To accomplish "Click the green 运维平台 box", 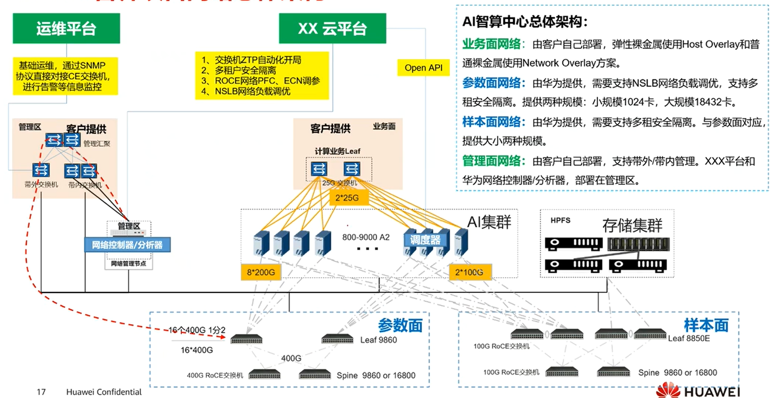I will click(66, 28).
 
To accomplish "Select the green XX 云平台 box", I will click(332, 28).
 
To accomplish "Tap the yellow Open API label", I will click(423, 68).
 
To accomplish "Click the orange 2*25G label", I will click(347, 198).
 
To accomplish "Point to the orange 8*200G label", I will click(261, 272).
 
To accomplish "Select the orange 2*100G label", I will click(469, 272).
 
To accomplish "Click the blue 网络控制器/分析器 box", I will click(127, 244).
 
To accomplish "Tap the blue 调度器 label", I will click(425, 240).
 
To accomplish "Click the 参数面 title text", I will click(400, 325).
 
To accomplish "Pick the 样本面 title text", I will click(706, 325).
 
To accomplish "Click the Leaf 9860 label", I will click(378, 340).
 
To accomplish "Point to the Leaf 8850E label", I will click(689, 338).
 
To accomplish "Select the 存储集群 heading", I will click(632, 225).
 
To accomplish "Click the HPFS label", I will click(560, 220).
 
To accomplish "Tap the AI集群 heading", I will click(489, 222).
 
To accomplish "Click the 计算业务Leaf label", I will click(338, 151).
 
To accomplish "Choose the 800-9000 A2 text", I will click(366, 237).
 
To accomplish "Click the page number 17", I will click(41, 392).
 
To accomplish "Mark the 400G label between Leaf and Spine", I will click(291, 358).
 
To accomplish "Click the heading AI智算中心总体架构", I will click(525, 22).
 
